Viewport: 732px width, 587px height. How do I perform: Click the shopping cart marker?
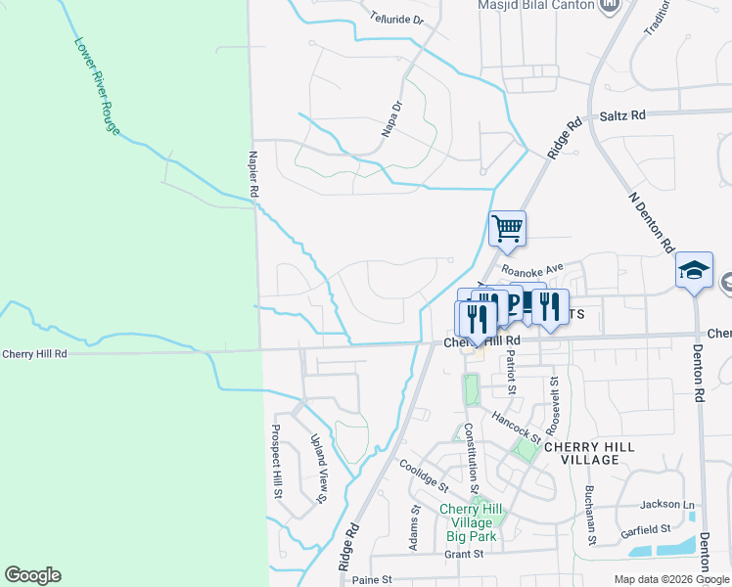tap(507, 230)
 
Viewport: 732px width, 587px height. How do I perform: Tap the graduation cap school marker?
tap(694, 271)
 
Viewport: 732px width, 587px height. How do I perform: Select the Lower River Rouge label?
tap(97, 86)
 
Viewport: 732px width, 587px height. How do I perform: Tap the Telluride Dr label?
tap(397, 19)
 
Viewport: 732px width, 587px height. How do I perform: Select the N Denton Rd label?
tap(653, 221)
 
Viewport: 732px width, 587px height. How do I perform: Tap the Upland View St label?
tap(318, 469)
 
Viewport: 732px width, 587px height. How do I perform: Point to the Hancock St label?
tap(516, 427)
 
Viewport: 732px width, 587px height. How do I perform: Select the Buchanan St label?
tap(591, 515)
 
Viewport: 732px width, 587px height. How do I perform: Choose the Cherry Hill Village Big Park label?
tap(471, 522)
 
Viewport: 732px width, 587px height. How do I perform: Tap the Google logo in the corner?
tap(32, 575)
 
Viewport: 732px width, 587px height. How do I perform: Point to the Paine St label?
tap(371, 580)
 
